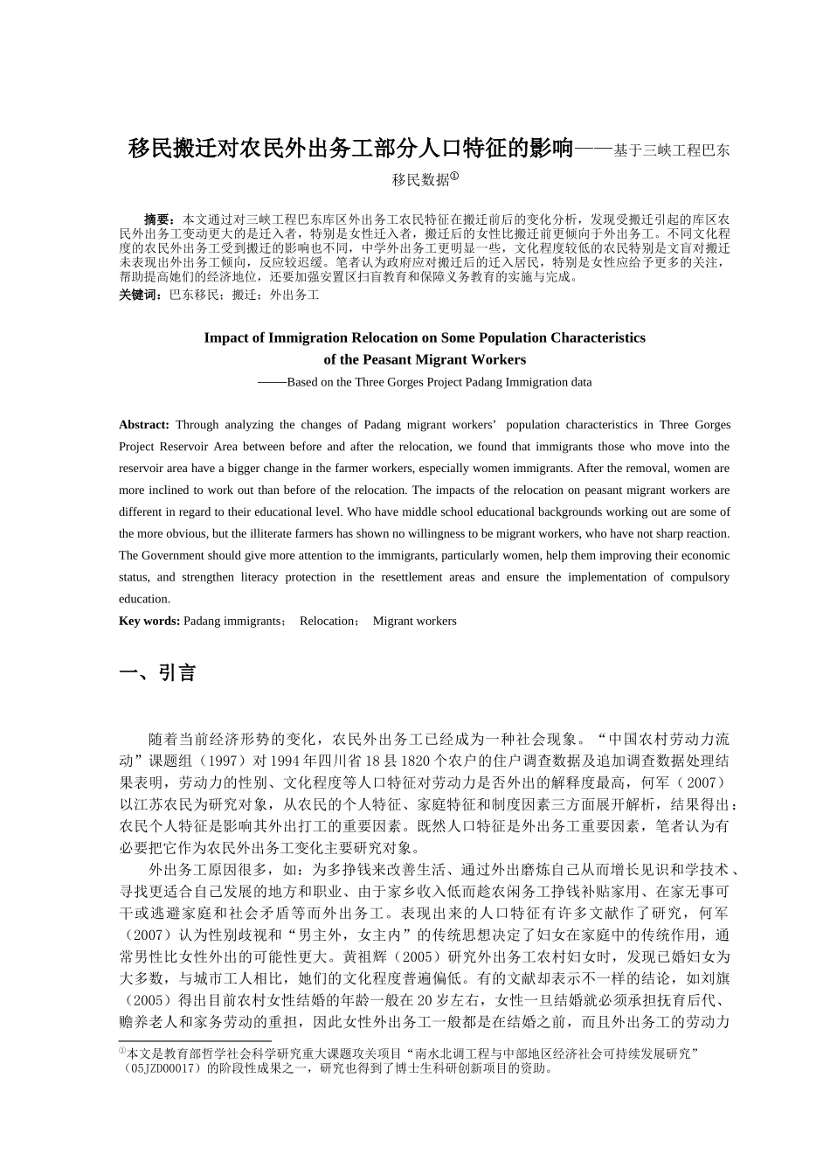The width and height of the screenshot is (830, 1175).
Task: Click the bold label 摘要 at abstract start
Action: [158, 217]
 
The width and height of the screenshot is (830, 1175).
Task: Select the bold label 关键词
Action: [140, 295]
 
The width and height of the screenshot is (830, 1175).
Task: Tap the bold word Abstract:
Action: [144, 425]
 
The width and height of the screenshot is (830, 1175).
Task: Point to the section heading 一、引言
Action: [158, 672]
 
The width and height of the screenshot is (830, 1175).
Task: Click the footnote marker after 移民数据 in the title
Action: [455, 175]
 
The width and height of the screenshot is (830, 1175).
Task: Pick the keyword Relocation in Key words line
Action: [326, 621]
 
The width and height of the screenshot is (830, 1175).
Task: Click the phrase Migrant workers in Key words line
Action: [414, 621]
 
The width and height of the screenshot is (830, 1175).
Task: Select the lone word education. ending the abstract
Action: [145, 599]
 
